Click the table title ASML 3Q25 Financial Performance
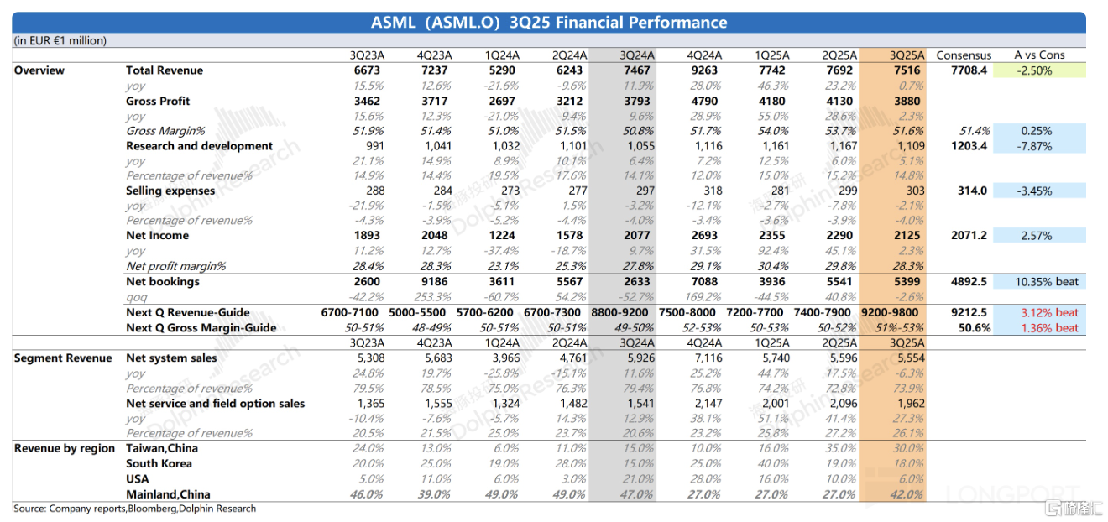pos(549,23)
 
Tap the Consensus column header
pos(964,55)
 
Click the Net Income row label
pos(157,236)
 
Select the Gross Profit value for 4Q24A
pos(704,101)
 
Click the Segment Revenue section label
pos(63,358)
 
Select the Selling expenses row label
pos(170,191)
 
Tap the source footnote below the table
pos(134,509)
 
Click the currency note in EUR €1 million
pos(60,40)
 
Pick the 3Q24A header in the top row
pos(637,55)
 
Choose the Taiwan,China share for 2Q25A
pos(839,448)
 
